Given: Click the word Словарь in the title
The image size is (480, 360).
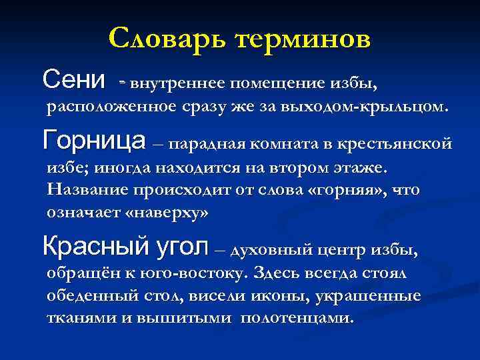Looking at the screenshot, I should [167, 39].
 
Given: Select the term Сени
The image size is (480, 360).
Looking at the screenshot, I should [73, 81].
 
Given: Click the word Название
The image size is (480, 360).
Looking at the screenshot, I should [89, 190].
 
